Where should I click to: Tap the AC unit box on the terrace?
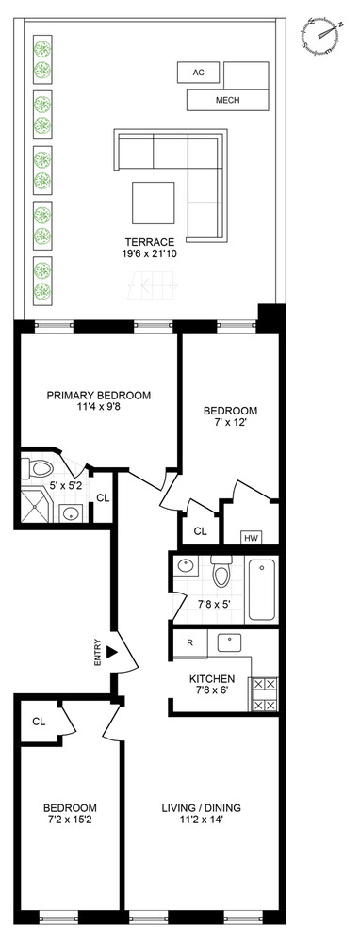tap(198, 73)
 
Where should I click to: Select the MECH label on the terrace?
tap(228, 101)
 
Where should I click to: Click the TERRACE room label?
tap(146, 242)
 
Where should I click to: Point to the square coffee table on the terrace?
tap(154, 203)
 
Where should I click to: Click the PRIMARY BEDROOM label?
tap(99, 396)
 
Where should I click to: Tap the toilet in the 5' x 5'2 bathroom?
tap(38, 467)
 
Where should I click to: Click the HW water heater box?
tap(250, 538)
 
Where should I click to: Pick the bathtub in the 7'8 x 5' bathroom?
tap(262, 591)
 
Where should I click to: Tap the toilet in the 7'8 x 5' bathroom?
tap(221, 571)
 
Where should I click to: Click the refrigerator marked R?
tap(190, 642)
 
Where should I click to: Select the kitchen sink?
tap(229, 642)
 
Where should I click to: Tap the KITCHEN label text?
tap(212, 679)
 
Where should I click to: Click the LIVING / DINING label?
tap(202, 807)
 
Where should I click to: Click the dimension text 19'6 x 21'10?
tap(146, 253)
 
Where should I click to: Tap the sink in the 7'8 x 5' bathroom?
tap(187, 565)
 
